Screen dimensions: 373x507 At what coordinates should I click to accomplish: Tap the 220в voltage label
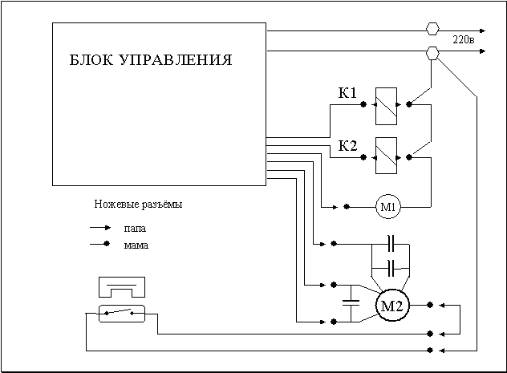pos(463,39)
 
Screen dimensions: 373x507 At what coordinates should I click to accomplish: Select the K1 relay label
pos(347,93)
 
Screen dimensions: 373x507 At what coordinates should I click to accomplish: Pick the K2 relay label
pos(347,145)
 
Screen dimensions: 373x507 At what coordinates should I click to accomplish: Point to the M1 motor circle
pos(388,208)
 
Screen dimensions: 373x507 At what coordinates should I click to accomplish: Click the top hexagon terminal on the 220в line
pos(432,29)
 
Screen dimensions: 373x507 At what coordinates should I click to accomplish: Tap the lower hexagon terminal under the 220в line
pos(432,53)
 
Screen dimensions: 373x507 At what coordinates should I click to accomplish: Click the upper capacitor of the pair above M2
pos(391,242)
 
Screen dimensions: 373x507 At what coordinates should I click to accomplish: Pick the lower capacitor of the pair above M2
pos(391,266)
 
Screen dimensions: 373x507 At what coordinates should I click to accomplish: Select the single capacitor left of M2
pos(350,303)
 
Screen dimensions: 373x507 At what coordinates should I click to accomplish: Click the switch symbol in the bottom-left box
pos(120,312)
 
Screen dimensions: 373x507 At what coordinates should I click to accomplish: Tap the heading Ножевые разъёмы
pos(138,205)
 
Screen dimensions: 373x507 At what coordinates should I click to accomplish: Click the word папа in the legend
pos(135,228)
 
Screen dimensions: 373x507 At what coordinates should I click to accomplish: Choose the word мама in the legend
pos(136,245)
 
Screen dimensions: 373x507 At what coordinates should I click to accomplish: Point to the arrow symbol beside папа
pos(100,228)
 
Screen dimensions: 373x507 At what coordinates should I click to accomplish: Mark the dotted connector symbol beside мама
pos(99,244)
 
